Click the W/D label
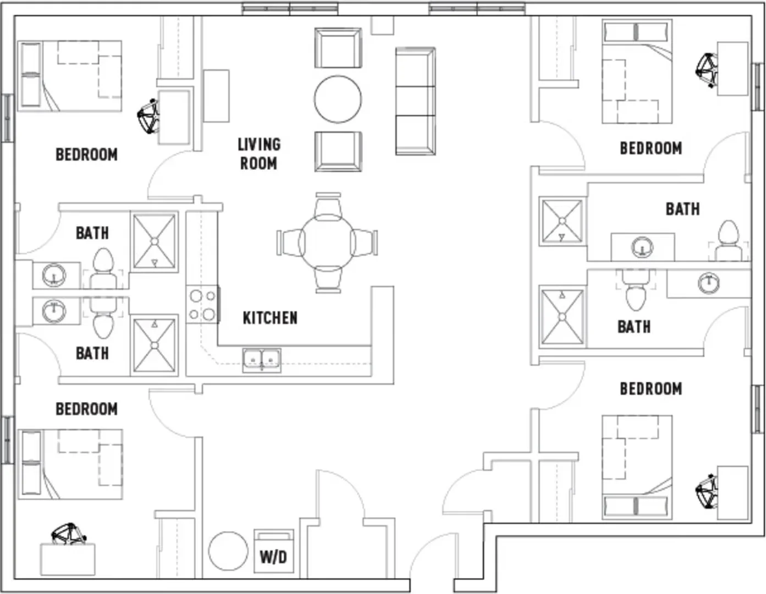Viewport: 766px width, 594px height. [273, 557]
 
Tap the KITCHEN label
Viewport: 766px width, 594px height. [270, 318]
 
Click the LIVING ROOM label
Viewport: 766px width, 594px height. [259, 154]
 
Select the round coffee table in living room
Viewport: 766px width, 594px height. [338, 99]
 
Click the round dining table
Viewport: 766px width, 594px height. [328, 243]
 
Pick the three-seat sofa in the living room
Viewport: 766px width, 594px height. [416, 101]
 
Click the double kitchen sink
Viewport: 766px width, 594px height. [262, 360]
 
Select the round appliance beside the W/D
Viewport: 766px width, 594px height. [228, 551]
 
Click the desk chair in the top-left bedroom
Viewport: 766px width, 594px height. [148, 116]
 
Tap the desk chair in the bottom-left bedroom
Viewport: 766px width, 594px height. [69, 534]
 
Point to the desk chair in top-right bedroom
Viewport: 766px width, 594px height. [707, 70]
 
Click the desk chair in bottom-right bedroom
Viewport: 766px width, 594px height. [707, 492]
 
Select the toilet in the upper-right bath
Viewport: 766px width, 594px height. [728, 241]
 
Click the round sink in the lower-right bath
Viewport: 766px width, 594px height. [709, 283]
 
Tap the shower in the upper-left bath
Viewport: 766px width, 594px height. [154, 241]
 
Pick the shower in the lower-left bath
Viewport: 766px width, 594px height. [154, 345]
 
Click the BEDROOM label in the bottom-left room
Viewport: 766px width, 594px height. [87, 409]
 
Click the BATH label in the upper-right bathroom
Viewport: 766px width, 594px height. [683, 209]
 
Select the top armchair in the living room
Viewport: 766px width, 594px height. [338, 48]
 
